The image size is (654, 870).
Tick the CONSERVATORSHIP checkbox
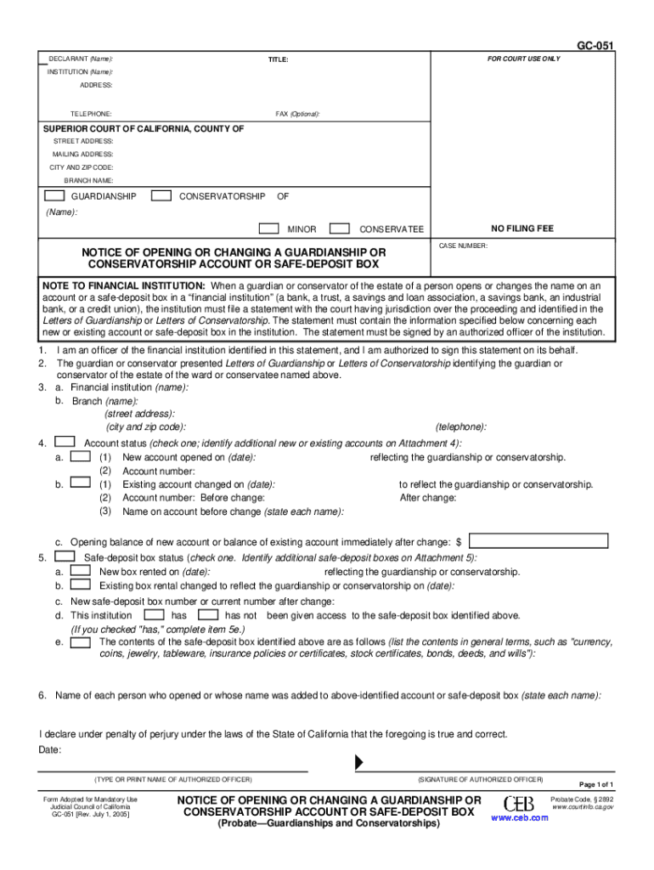coord(161,196)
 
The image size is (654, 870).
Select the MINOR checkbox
coord(268,229)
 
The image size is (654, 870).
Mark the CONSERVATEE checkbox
coord(339,229)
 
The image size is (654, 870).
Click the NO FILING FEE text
coord(522,229)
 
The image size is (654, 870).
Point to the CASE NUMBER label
coord(463,246)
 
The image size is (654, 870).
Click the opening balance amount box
coord(538,540)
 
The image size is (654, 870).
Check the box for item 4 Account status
coord(64,442)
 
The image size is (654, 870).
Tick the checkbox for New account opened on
coord(81,457)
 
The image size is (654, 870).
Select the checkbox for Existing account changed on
coord(81,483)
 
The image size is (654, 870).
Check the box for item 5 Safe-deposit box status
coord(64,557)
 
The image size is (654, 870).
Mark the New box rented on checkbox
coord(81,572)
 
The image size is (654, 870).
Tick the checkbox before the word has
coord(155,614)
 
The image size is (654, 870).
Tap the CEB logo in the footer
coord(519,804)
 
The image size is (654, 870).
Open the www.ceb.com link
coord(519,818)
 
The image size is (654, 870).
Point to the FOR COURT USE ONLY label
coord(523,59)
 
